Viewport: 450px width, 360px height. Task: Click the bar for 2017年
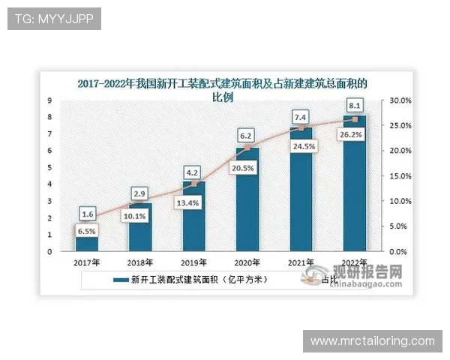click(87, 237)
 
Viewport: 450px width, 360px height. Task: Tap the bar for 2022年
click(355, 184)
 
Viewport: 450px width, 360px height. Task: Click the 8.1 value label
click(355, 105)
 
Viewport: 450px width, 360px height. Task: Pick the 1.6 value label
click(87, 214)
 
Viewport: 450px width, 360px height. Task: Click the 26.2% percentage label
click(355, 136)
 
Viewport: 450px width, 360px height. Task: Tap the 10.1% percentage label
click(140, 217)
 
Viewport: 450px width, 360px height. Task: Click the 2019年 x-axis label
click(194, 262)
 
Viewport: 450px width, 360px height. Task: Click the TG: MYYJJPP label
click(53, 19)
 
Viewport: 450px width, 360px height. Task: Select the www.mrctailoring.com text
click(372, 341)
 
